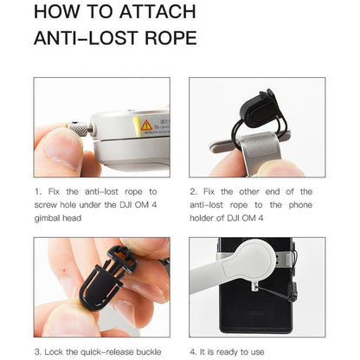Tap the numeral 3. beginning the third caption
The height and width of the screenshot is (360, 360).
[x=38, y=352]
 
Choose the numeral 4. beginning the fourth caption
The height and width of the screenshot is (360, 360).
[x=193, y=352]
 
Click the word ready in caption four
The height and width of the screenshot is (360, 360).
[x=230, y=352]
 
